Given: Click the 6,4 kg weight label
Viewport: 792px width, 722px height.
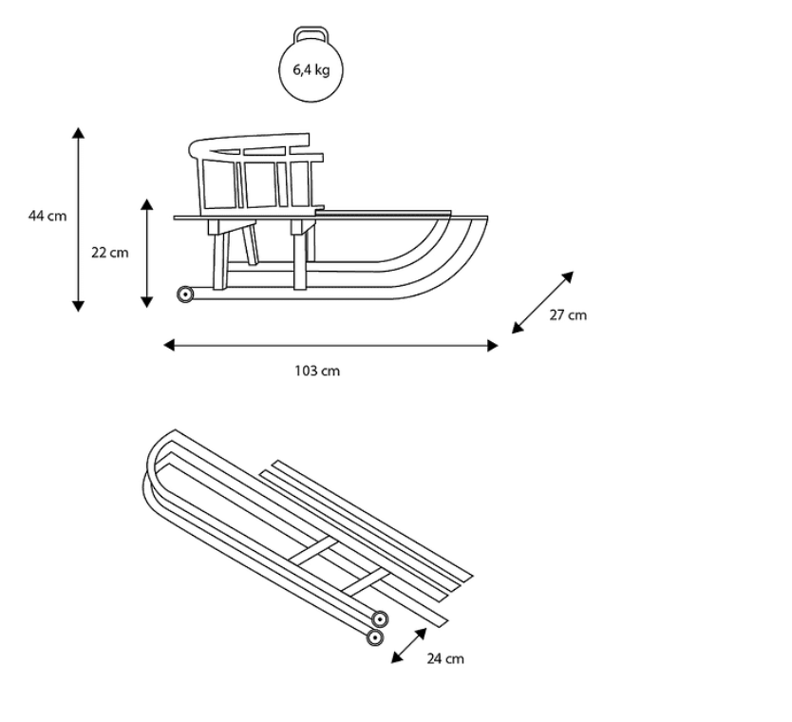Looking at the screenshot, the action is pyautogui.click(x=311, y=69).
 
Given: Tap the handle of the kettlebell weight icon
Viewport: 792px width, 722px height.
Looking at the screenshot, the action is pyautogui.click(x=311, y=31).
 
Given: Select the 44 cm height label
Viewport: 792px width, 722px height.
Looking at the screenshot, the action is pyautogui.click(x=47, y=216).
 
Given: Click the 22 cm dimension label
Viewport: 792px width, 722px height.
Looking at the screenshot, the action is pyautogui.click(x=110, y=252).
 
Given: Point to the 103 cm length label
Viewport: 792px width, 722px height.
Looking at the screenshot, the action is pyautogui.click(x=317, y=370).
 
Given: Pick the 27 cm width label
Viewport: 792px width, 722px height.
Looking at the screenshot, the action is pyautogui.click(x=568, y=314).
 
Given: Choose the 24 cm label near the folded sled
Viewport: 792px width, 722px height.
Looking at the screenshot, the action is pyautogui.click(x=445, y=658).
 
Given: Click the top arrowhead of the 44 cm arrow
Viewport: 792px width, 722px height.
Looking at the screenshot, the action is pyautogui.click(x=78, y=132).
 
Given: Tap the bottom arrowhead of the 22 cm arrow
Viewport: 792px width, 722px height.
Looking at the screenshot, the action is pyautogui.click(x=146, y=302).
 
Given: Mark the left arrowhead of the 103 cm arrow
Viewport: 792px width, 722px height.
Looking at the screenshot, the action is pyautogui.click(x=169, y=345).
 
